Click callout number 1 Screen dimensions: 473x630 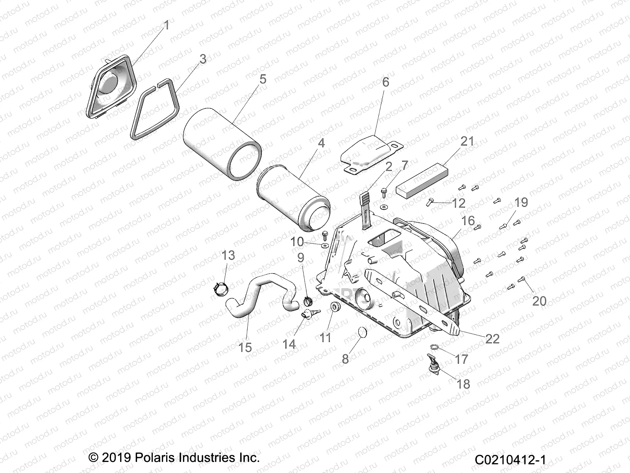point(166,25)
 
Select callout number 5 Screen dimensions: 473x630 point(263,79)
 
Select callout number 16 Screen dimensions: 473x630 point(468,221)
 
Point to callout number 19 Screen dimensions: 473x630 point(521,203)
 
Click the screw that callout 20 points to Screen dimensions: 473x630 point(523,279)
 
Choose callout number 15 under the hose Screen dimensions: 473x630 point(245,347)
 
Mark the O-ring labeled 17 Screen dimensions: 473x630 point(434,347)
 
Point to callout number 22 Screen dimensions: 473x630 point(492,339)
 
